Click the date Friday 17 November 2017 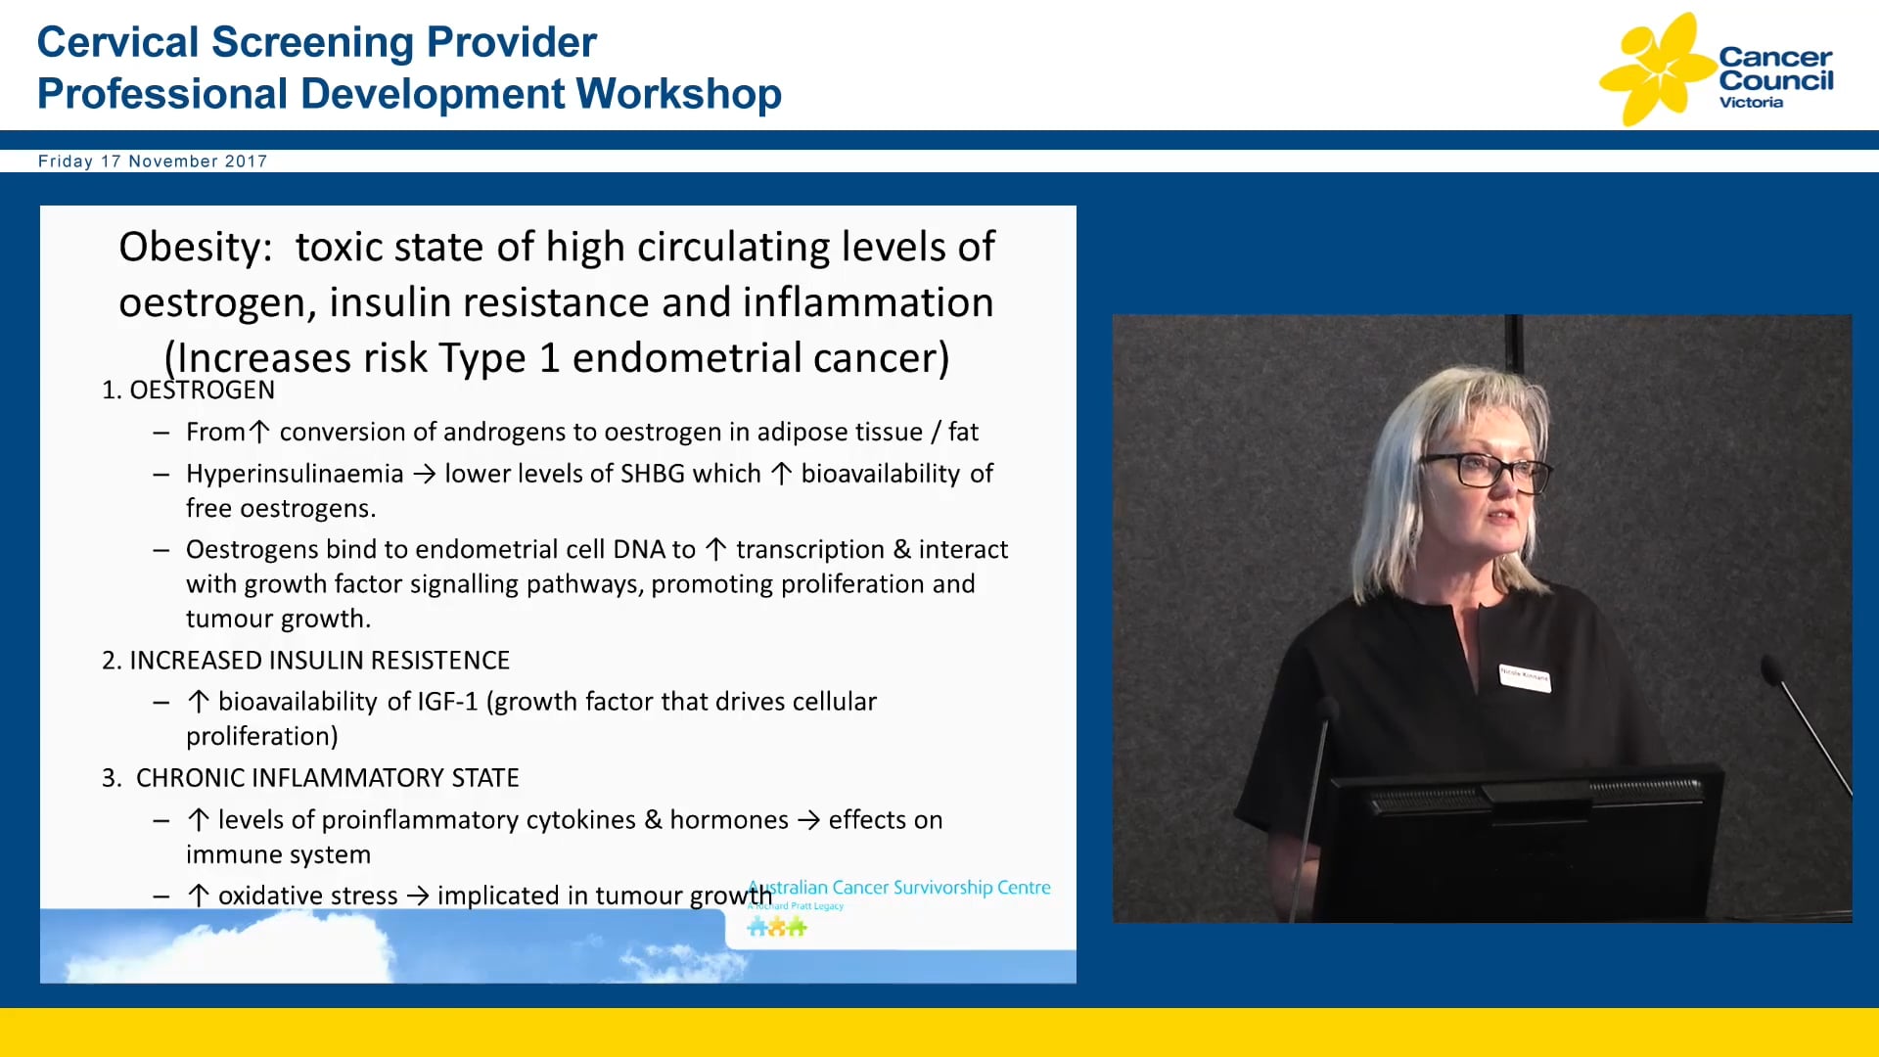[152, 161]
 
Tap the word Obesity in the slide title [194, 247]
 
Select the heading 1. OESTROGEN [188, 390]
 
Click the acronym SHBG [653, 474]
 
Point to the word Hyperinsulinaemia [295, 474]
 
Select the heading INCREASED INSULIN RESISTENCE [319, 661]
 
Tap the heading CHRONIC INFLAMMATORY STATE [327, 778]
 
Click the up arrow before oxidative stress [199, 896]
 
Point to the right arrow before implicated [418, 896]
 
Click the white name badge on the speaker [1524, 677]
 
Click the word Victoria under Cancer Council [1751, 103]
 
